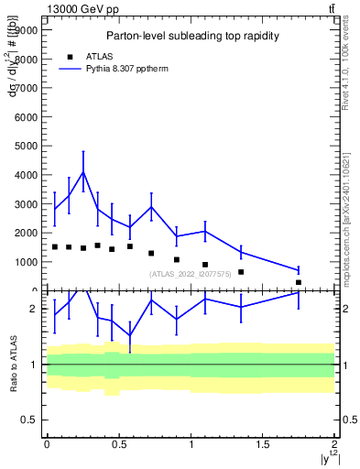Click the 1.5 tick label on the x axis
263,444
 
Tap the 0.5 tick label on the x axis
118,444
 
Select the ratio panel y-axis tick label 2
34,309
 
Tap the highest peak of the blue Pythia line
83,171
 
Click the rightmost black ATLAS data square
299,282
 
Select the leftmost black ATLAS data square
54,246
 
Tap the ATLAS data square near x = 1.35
241,272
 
